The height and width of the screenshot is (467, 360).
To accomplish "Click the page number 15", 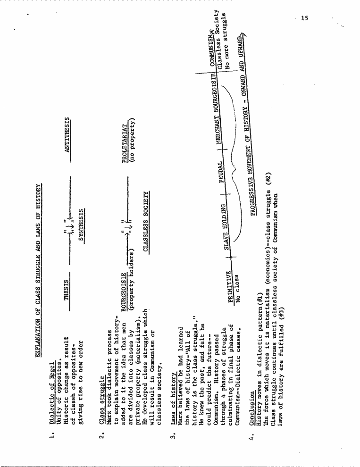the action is click(x=304, y=18).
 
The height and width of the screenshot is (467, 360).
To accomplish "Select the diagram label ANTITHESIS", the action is click(x=67, y=135).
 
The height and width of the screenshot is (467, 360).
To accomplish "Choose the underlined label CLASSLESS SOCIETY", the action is click(x=146, y=221).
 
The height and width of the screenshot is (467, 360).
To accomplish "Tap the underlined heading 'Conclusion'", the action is click(x=252, y=408).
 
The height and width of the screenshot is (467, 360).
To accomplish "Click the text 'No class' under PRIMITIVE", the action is click(x=237, y=288).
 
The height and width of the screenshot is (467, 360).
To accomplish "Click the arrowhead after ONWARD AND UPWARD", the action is click(x=243, y=36).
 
